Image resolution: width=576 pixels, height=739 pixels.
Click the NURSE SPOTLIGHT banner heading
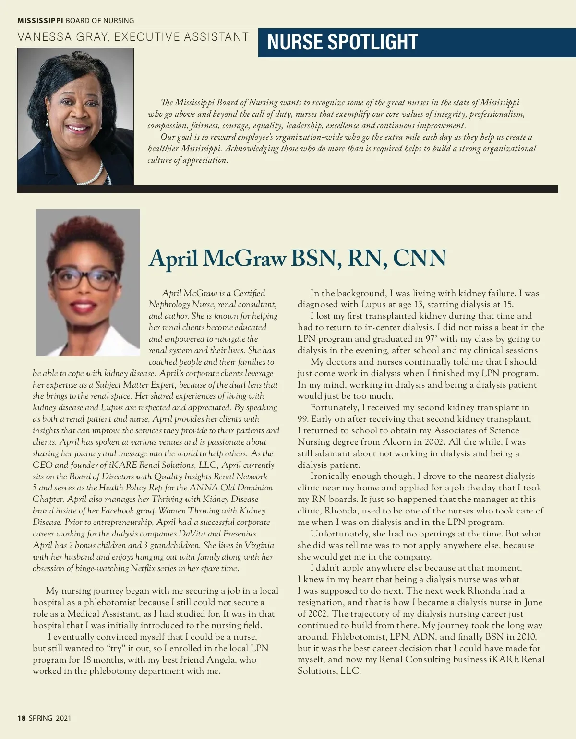342,42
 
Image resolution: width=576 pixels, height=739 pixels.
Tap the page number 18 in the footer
21,718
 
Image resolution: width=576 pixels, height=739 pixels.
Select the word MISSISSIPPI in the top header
40,21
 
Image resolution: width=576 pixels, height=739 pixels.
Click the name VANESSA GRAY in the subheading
62,37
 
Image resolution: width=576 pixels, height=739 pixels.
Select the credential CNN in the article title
420,258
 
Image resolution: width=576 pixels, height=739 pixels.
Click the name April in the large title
173,258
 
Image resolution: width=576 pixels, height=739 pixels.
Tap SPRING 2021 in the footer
50,718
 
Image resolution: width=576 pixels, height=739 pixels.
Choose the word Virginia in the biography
259,545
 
